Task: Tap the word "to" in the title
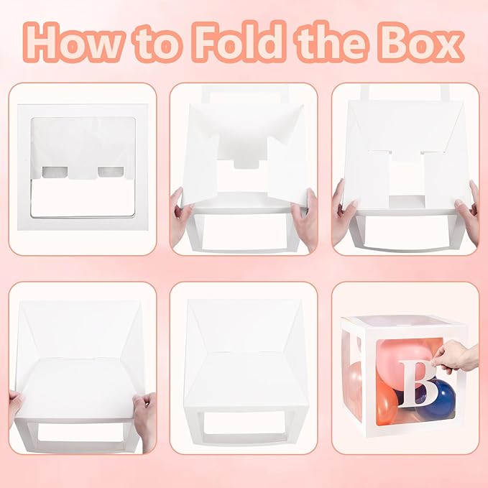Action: pyautogui.click(x=156, y=44)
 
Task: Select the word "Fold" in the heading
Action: pyautogui.click(x=239, y=41)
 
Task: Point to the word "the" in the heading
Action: pyautogui.click(x=333, y=42)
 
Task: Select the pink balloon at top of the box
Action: pyautogui.click(x=405, y=355)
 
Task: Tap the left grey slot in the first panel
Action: pyautogui.click(x=55, y=172)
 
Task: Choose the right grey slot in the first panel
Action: pyautogui.click(x=111, y=172)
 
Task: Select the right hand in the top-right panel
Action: pyautogui.click(x=467, y=211)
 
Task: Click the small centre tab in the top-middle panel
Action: pyautogui.click(x=247, y=163)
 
